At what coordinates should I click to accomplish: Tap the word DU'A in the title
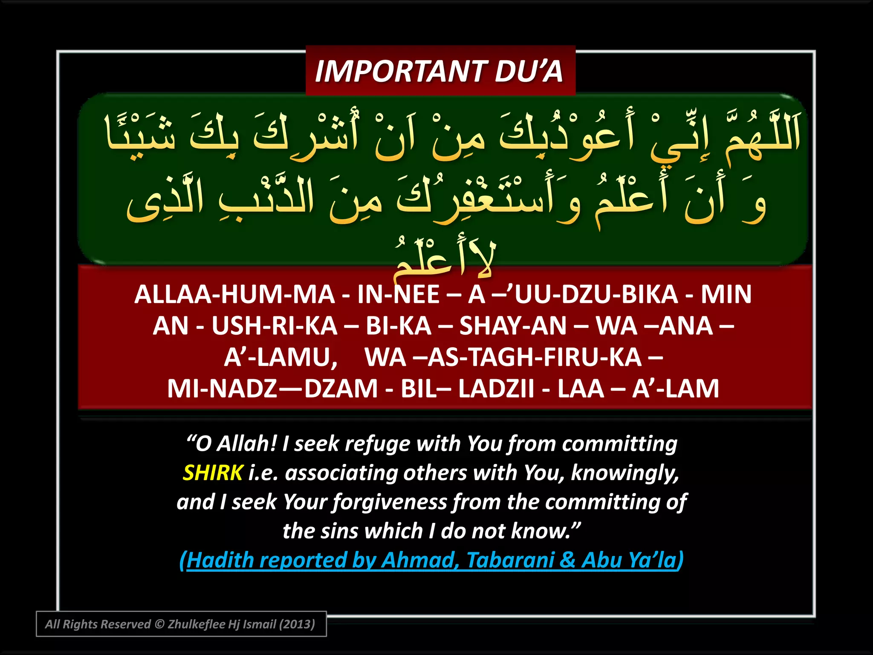coord(529,71)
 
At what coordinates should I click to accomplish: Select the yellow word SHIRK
coord(213,473)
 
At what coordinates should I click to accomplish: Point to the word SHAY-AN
coord(513,326)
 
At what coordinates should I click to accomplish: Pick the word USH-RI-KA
coord(275,326)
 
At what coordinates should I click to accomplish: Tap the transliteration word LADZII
coord(496,388)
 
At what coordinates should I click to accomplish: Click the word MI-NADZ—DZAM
coord(272,388)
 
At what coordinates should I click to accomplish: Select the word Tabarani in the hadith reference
coord(510,560)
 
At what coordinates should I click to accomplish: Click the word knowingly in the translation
coord(624,473)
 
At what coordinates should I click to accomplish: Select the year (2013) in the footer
coord(297,624)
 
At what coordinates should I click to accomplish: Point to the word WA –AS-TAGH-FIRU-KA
coord(503,357)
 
